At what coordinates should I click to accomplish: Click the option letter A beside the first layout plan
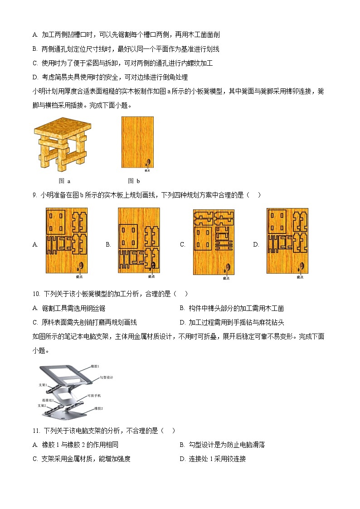point(35,245)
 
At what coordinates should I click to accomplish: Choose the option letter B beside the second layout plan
point(108,245)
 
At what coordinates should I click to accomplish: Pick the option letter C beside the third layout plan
point(183,245)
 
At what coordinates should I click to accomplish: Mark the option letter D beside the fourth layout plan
point(256,245)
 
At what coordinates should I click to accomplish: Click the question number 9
point(34,195)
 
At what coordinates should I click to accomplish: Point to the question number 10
point(36,294)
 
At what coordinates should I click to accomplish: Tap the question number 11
point(36,431)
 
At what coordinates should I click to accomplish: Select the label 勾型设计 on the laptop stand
point(107,377)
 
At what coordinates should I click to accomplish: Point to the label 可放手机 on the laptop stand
point(94,395)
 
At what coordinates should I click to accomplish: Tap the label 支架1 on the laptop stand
point(44,384)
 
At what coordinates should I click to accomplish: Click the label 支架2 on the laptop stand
point(42,406)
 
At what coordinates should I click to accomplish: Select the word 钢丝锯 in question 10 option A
point(97,309)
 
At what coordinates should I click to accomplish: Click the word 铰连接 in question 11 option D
point(236,459)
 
